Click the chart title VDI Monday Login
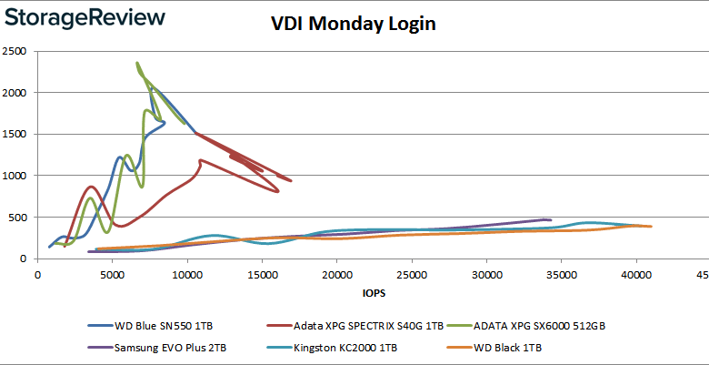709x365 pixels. [354, 24]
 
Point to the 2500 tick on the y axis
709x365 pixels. [18, 51]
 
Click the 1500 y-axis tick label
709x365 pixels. [18, 134]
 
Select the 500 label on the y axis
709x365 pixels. [22, 218]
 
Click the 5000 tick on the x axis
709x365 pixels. [112, 273]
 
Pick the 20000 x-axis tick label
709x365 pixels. [336, 273]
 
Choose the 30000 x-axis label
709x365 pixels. [486, 273]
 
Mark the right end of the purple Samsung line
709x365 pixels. [551, 219]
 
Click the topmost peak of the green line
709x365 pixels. [137, 64]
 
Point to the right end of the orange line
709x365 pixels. [651, 227]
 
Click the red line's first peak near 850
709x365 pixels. [90, 187]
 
